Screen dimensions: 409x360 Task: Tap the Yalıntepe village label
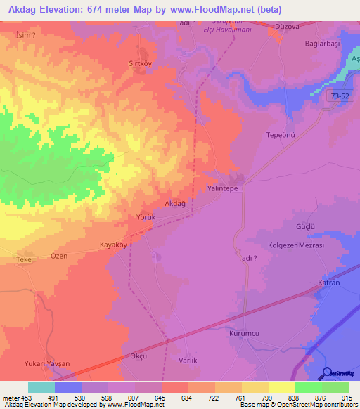tap(224, 189)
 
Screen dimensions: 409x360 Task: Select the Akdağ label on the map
tap(175, 204)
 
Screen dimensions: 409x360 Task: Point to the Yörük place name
tap(145, 218)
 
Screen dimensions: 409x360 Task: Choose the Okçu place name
tap(138, 356)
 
